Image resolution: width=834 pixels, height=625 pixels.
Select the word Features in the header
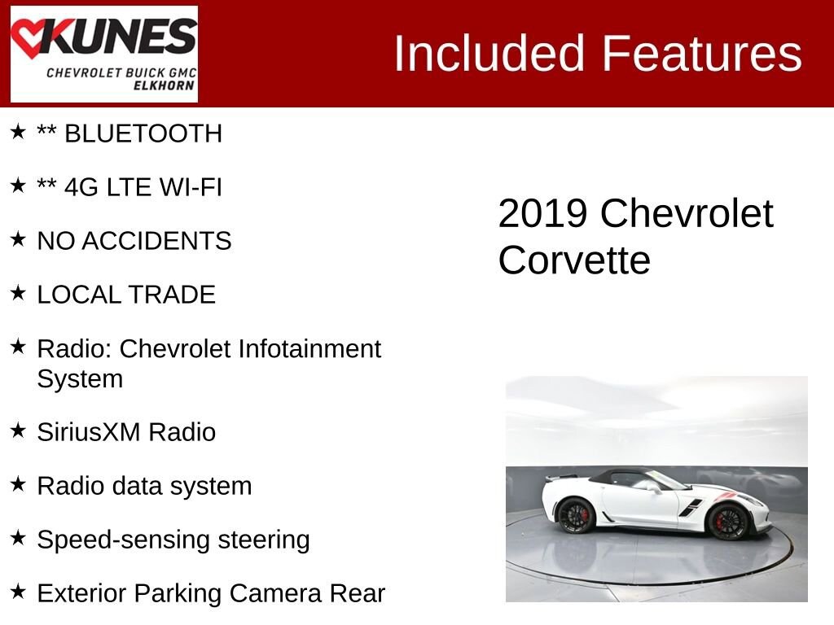click(703, 54)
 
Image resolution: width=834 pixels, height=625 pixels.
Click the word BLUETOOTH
click(143, 133)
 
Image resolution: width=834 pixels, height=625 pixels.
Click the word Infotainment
click(309, 348)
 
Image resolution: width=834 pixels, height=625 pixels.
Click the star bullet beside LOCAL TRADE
click(18, 292)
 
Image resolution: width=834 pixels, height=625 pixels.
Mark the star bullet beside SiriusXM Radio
click(18, 430)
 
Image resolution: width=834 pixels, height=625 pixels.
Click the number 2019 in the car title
click(542, 214)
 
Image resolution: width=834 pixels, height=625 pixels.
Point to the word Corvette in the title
click(574, 260)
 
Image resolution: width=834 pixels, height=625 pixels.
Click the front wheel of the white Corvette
click(726, 521)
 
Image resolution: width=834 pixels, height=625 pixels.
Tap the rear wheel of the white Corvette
click(576, 516)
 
